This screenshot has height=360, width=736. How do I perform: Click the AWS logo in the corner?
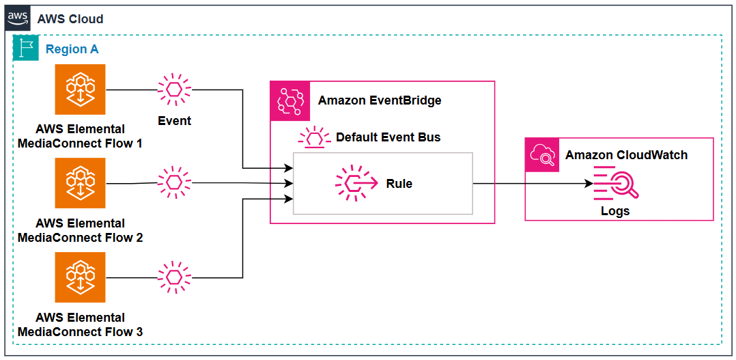[x=18, y=18]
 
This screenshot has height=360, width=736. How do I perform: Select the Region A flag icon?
[x=27, y=49]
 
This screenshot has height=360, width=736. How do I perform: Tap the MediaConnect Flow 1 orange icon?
[x=81, y=89]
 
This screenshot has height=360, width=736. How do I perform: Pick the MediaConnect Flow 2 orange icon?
[x=81, y=183]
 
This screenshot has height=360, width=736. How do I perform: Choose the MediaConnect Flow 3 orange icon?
[x=81, y=277]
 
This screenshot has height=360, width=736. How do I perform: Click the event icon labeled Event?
[x=174, y=89]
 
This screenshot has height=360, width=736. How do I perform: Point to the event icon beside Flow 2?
[x=174, y=182]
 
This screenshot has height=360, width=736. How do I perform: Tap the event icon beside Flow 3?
[x=174, y=277]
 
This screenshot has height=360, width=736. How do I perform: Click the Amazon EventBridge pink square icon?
[x=291, y=101]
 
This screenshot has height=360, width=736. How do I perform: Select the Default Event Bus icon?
[x=314, y=137]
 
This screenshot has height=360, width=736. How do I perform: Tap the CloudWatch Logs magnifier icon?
[x=614, y=184]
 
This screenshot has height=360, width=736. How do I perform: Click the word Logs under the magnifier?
[x=615, y=211]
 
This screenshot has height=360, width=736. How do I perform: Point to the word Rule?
[x=399, y=184]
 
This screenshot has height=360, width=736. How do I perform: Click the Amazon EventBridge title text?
[x=380, y=100]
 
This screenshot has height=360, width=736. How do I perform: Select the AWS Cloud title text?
[x=70, y=18]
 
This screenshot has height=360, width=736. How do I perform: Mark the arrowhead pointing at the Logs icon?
[x=589, y=184]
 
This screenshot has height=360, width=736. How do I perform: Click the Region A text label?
[x=72, y=49]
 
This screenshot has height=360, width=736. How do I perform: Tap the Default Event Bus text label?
[x=388, y=137]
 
